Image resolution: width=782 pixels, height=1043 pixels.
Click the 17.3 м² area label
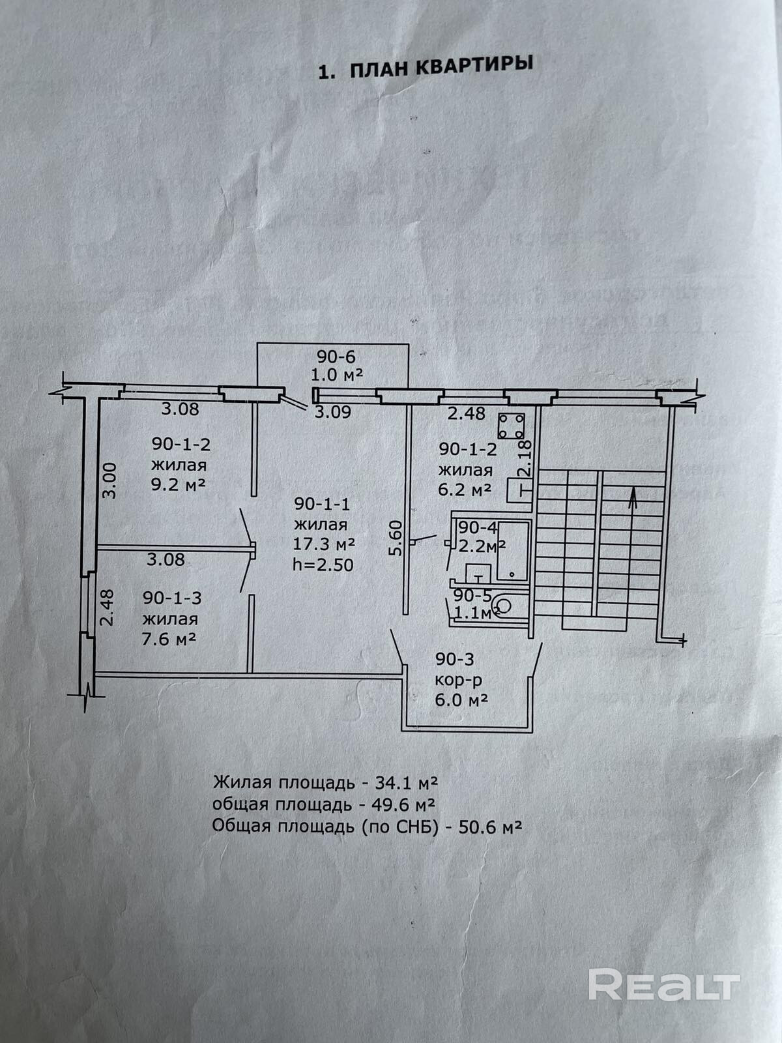[324, 544]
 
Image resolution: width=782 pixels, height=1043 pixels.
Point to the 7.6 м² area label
[169, 639]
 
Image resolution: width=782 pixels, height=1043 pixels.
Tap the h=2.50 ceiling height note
[323, 564]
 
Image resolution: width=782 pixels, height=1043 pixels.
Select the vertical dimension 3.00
[110, 480]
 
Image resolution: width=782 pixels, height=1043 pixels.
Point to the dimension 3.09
[333, 412]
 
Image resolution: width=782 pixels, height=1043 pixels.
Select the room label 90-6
[337, 357]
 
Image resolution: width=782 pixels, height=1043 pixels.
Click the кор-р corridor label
[459, 681]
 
